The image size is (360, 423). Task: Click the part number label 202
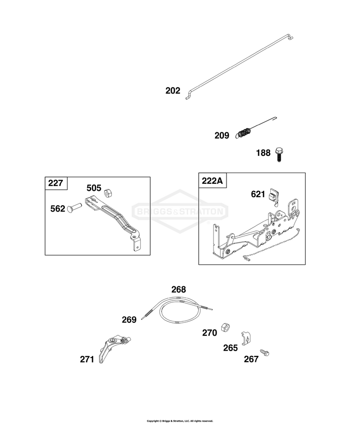tap(173, 91)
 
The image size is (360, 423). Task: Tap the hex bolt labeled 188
tap(279, 154)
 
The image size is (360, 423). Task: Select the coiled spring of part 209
tap(244, 133)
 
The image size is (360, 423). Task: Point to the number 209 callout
tap(222, 135)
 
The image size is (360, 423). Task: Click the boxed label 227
tap(56, 183)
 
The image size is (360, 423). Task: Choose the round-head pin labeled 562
tap(74, 208)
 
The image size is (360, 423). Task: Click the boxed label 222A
tap(212, 181)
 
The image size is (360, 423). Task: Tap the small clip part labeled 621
tap(274, 196)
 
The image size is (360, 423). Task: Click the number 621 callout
tap(258, 194)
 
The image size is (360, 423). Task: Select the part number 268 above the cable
tap(179, 290)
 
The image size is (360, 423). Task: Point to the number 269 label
tap(129, 320)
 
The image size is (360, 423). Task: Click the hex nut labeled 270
tap(225, 327)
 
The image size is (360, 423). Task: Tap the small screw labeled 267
tap(264, 352)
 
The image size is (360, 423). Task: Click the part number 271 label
tap(87, 359)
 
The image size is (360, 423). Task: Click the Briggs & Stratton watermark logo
tap(180, 211)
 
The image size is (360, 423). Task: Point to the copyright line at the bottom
tap(180, 421)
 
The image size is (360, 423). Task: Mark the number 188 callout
tap(263, 153)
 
